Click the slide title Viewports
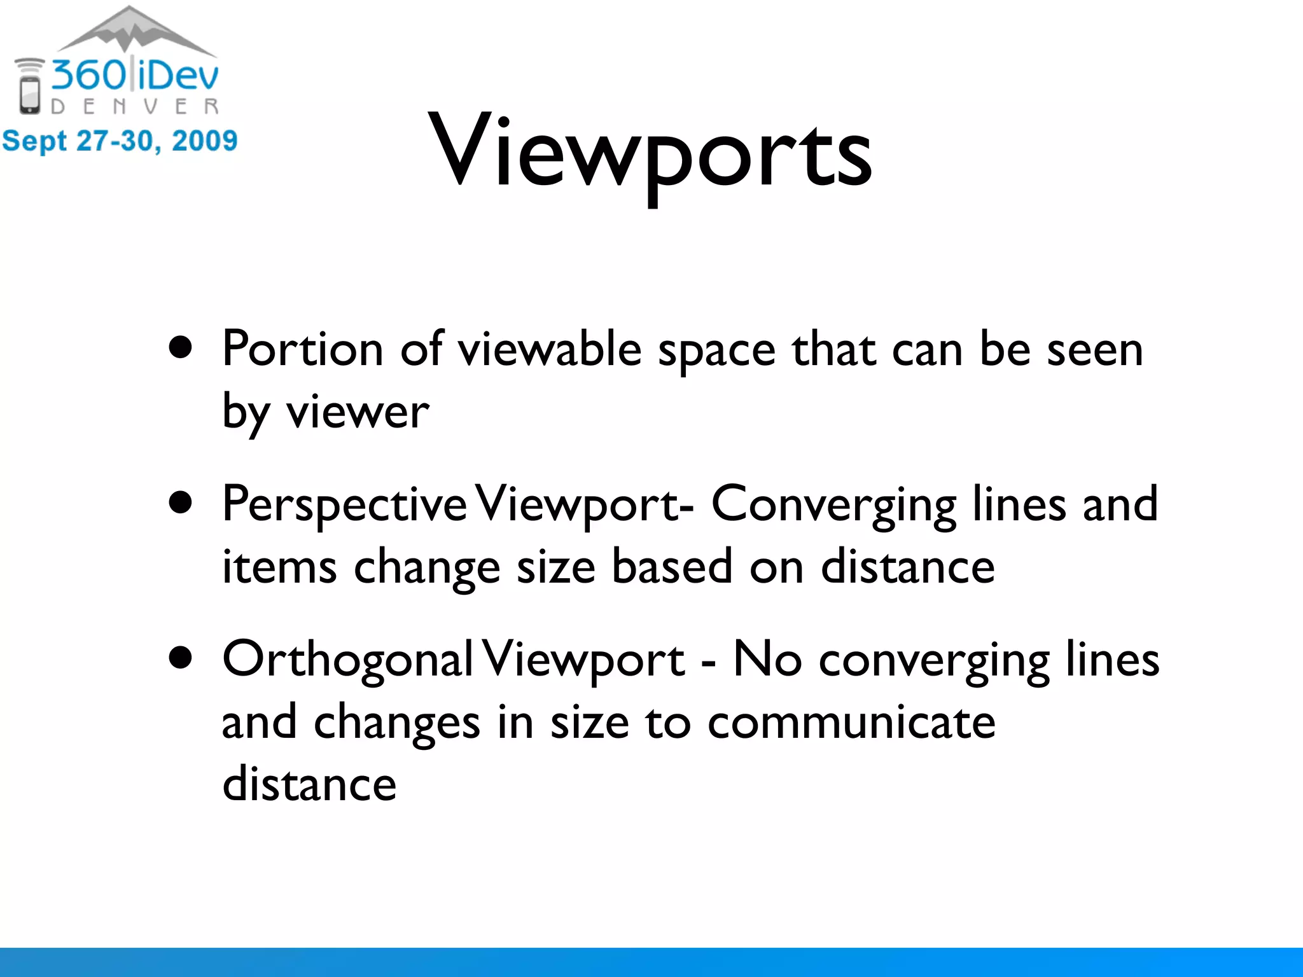[650, 153]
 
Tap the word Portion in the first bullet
[302, 349]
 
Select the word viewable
[550, 349]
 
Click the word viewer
[358, 412]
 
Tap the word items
[279, 567]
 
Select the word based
[672, 567]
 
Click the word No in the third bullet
[767, 659]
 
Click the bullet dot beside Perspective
[181, 502]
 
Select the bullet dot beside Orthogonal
[181, 658]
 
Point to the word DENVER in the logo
[135, 106]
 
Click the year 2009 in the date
[204, 141]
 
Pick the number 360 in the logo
[89, 75]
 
